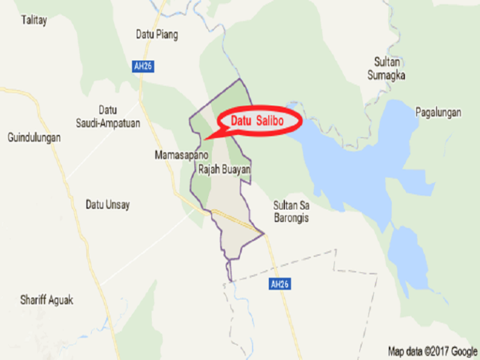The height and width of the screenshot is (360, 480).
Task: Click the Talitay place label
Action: click(34, 20)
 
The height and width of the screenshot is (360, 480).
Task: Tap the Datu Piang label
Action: click(157, 35)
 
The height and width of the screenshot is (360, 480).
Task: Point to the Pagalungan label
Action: click(438, 112)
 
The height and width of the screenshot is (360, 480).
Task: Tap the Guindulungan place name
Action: click(34, 137)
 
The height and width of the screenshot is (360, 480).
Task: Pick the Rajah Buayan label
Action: click(224, 169)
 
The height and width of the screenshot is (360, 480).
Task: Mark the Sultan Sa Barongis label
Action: click(291, 211)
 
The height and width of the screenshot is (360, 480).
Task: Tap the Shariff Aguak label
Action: click(46, 300)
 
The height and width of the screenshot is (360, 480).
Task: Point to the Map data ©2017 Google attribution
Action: click(432, 351)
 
